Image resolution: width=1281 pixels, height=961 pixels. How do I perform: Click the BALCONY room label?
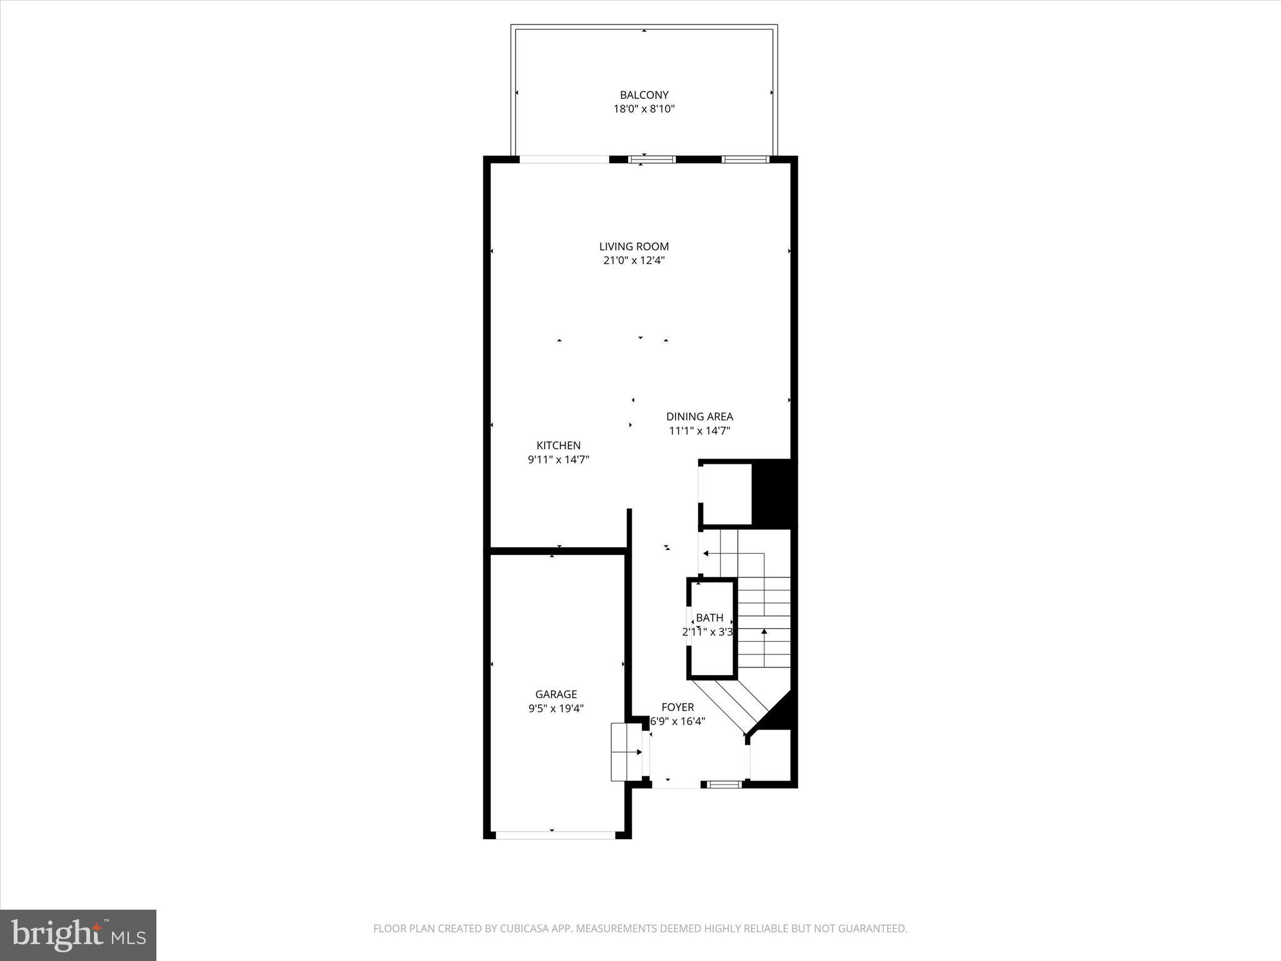[644, 95]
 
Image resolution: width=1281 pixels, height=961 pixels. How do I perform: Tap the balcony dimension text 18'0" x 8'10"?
[644, 109]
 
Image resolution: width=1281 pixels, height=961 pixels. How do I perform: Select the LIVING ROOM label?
[634, 247]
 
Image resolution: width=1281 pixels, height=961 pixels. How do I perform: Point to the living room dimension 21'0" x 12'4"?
[634, 261]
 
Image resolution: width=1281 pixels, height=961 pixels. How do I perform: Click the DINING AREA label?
[699, 417]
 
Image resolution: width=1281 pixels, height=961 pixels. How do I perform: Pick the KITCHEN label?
[558, 445]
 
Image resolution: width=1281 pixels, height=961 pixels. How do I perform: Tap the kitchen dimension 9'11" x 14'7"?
[558, 460]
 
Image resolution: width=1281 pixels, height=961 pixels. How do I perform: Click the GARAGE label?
[555, 694]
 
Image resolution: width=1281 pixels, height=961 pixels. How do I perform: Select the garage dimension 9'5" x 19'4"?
[555, 709]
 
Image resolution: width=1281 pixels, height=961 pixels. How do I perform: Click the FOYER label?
[677, 707]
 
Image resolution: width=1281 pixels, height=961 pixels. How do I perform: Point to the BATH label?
[709, 618]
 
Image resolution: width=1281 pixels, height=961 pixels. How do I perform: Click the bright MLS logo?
[78, 935]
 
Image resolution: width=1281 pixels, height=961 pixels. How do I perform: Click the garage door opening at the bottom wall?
[555, 835]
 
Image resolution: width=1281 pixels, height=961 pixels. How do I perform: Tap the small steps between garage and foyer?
[626, 751]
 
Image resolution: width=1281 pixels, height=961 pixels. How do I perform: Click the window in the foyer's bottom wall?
[724, 784]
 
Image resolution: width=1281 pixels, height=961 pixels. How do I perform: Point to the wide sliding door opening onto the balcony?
[564, 160]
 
